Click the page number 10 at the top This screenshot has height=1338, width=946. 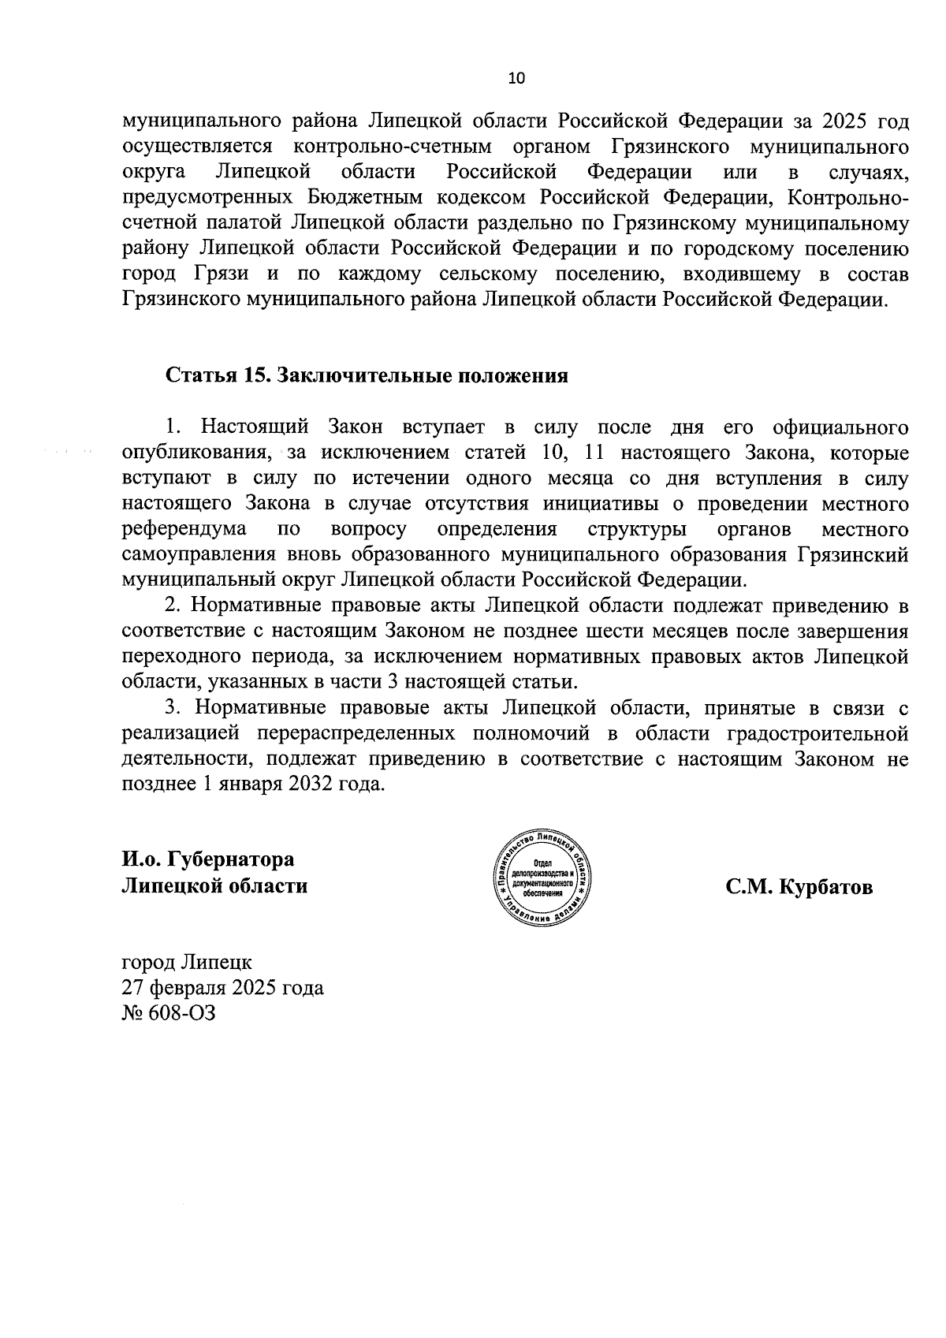[516, 78]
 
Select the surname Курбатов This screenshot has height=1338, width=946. [825, 887]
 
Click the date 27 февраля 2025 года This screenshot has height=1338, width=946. [222, 987]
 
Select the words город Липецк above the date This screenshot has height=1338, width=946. [187, 962]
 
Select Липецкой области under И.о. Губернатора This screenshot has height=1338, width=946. [214, 885]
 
